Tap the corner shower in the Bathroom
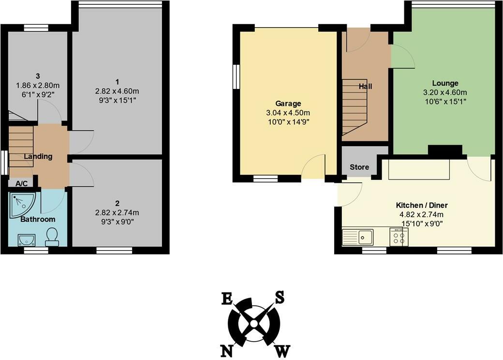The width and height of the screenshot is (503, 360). pyautogui.click(x=19, y=204)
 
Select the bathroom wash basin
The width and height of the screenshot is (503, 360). pyautogui.click(x=25, y=239)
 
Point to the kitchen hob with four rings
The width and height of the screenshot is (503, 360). pyautogui.click(x=399, y=237)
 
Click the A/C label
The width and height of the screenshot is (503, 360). pyautogui.click(x=21, y=183)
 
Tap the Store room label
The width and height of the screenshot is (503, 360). pyautogui.click(x=359, y=167)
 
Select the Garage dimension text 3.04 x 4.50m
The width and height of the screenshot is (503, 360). pyautogui.click(x=288, y=113)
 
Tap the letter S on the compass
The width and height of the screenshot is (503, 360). pyautogui.click(x=279, y=297)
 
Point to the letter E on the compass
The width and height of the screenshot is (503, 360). pyautogui.click(x=226, y=299)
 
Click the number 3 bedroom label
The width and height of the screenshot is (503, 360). pyautogui.click(x=37, y=76)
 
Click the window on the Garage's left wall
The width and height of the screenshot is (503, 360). pyautogui.click(x=237, y=77)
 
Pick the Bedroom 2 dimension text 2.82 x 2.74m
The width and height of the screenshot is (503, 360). pyautogui.click(x=117, y=212)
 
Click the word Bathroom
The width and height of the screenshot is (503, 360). pyautogui.click(x=38, y=219)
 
